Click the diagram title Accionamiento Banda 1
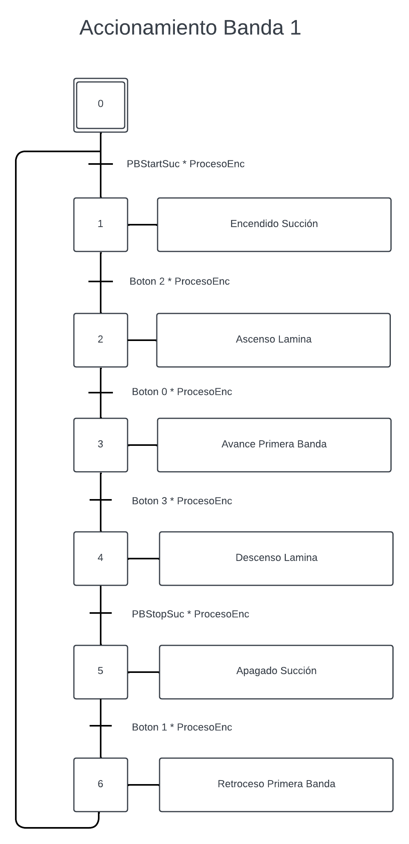click(190, 28)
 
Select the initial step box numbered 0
click(101, 105)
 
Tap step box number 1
click(101, 225)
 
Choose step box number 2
click(101, 340)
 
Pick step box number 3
click(101, 445)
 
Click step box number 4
click(101, 559)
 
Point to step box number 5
click(101, 672)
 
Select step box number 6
click(101, 785)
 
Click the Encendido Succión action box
click(274, 225)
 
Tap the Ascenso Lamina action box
click(274, 340)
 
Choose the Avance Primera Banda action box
click(274, 445)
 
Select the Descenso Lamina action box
click(276, 559)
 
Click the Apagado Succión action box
click(276, 672)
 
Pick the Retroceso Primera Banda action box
click(276, 785)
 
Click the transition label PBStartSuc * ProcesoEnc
click(186, 164)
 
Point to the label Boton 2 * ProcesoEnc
click(180, 281)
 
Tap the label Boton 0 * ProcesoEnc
click(182, 392)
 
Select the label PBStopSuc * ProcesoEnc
click(191, 614)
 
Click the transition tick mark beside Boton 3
click(101, 500)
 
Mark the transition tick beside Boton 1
click(101, 726)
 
